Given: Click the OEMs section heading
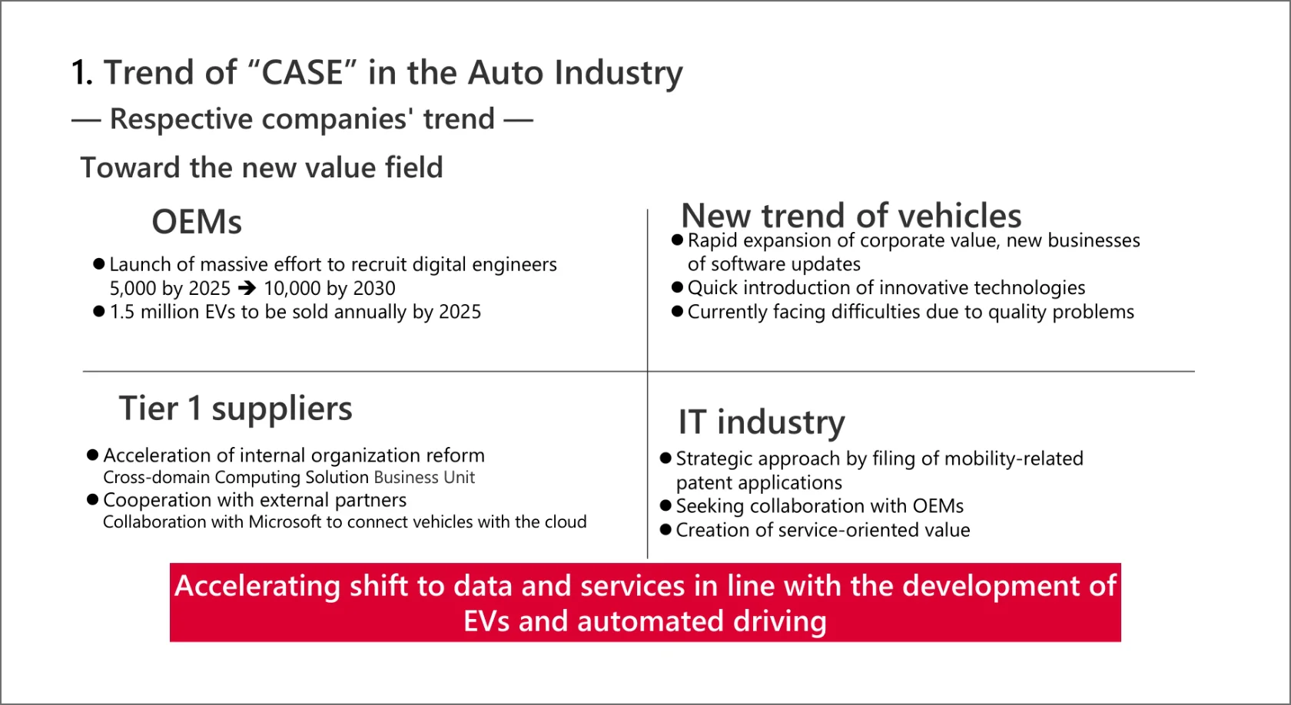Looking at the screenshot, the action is coord(197,222).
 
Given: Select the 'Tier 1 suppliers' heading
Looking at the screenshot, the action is coord(235,409).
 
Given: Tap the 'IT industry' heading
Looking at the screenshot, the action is coord(762,422).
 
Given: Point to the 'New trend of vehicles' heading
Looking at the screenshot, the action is coord(851,215).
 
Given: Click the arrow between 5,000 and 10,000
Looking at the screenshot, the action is coord(247,287).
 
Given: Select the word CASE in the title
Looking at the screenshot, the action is coord(303,73).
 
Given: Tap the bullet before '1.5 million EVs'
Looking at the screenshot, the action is coord(99,312).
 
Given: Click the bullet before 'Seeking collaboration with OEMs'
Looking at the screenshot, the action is coord(665,505).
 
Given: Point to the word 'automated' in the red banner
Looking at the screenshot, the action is coord(650,621).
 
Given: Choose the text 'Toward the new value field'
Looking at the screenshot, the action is coord(261,167).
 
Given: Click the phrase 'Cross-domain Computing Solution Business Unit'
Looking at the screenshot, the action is coord(289,478).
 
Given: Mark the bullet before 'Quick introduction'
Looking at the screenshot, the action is coord(677,287).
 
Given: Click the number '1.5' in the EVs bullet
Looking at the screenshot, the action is coord(122,312).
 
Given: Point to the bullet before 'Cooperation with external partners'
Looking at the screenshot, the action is coord(93,499).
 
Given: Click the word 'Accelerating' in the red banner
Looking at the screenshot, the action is coord(257,587).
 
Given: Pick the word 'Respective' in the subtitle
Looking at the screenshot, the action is coord(181,119).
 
